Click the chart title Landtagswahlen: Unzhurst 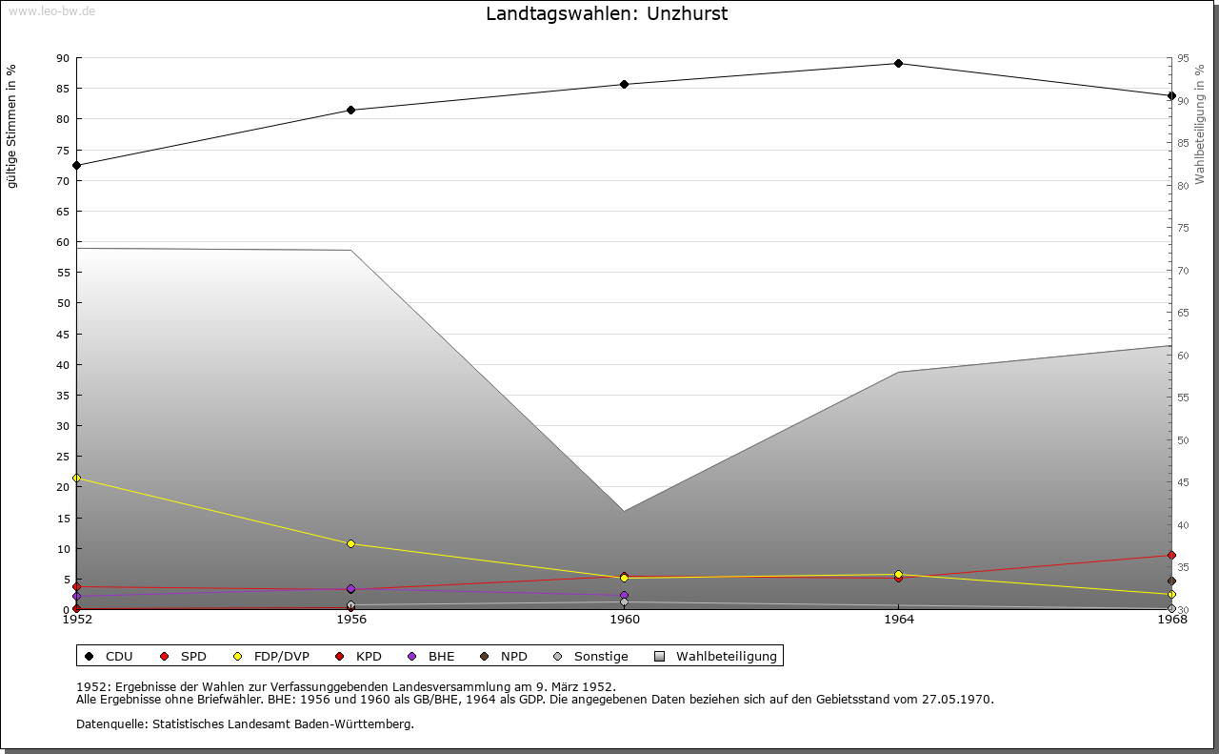[x=607, y=14]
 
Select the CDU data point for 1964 [x=898, y=64]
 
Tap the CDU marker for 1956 [x=351, y=110]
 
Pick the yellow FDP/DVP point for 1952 [x=77, y=479]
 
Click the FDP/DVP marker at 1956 [x=351, y=543]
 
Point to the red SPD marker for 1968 [x=1171, y=555]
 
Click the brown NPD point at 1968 [x=1171, y=581]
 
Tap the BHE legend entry [x=432, y=656]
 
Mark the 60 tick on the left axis [x=63, y=242]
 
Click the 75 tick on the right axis [x=1183, y=228]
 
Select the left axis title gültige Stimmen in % [x=11, y=126]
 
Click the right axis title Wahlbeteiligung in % [x=1200, y=124]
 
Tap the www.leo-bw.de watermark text [x=51, y=10]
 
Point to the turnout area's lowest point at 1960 [x=625, y=511]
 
